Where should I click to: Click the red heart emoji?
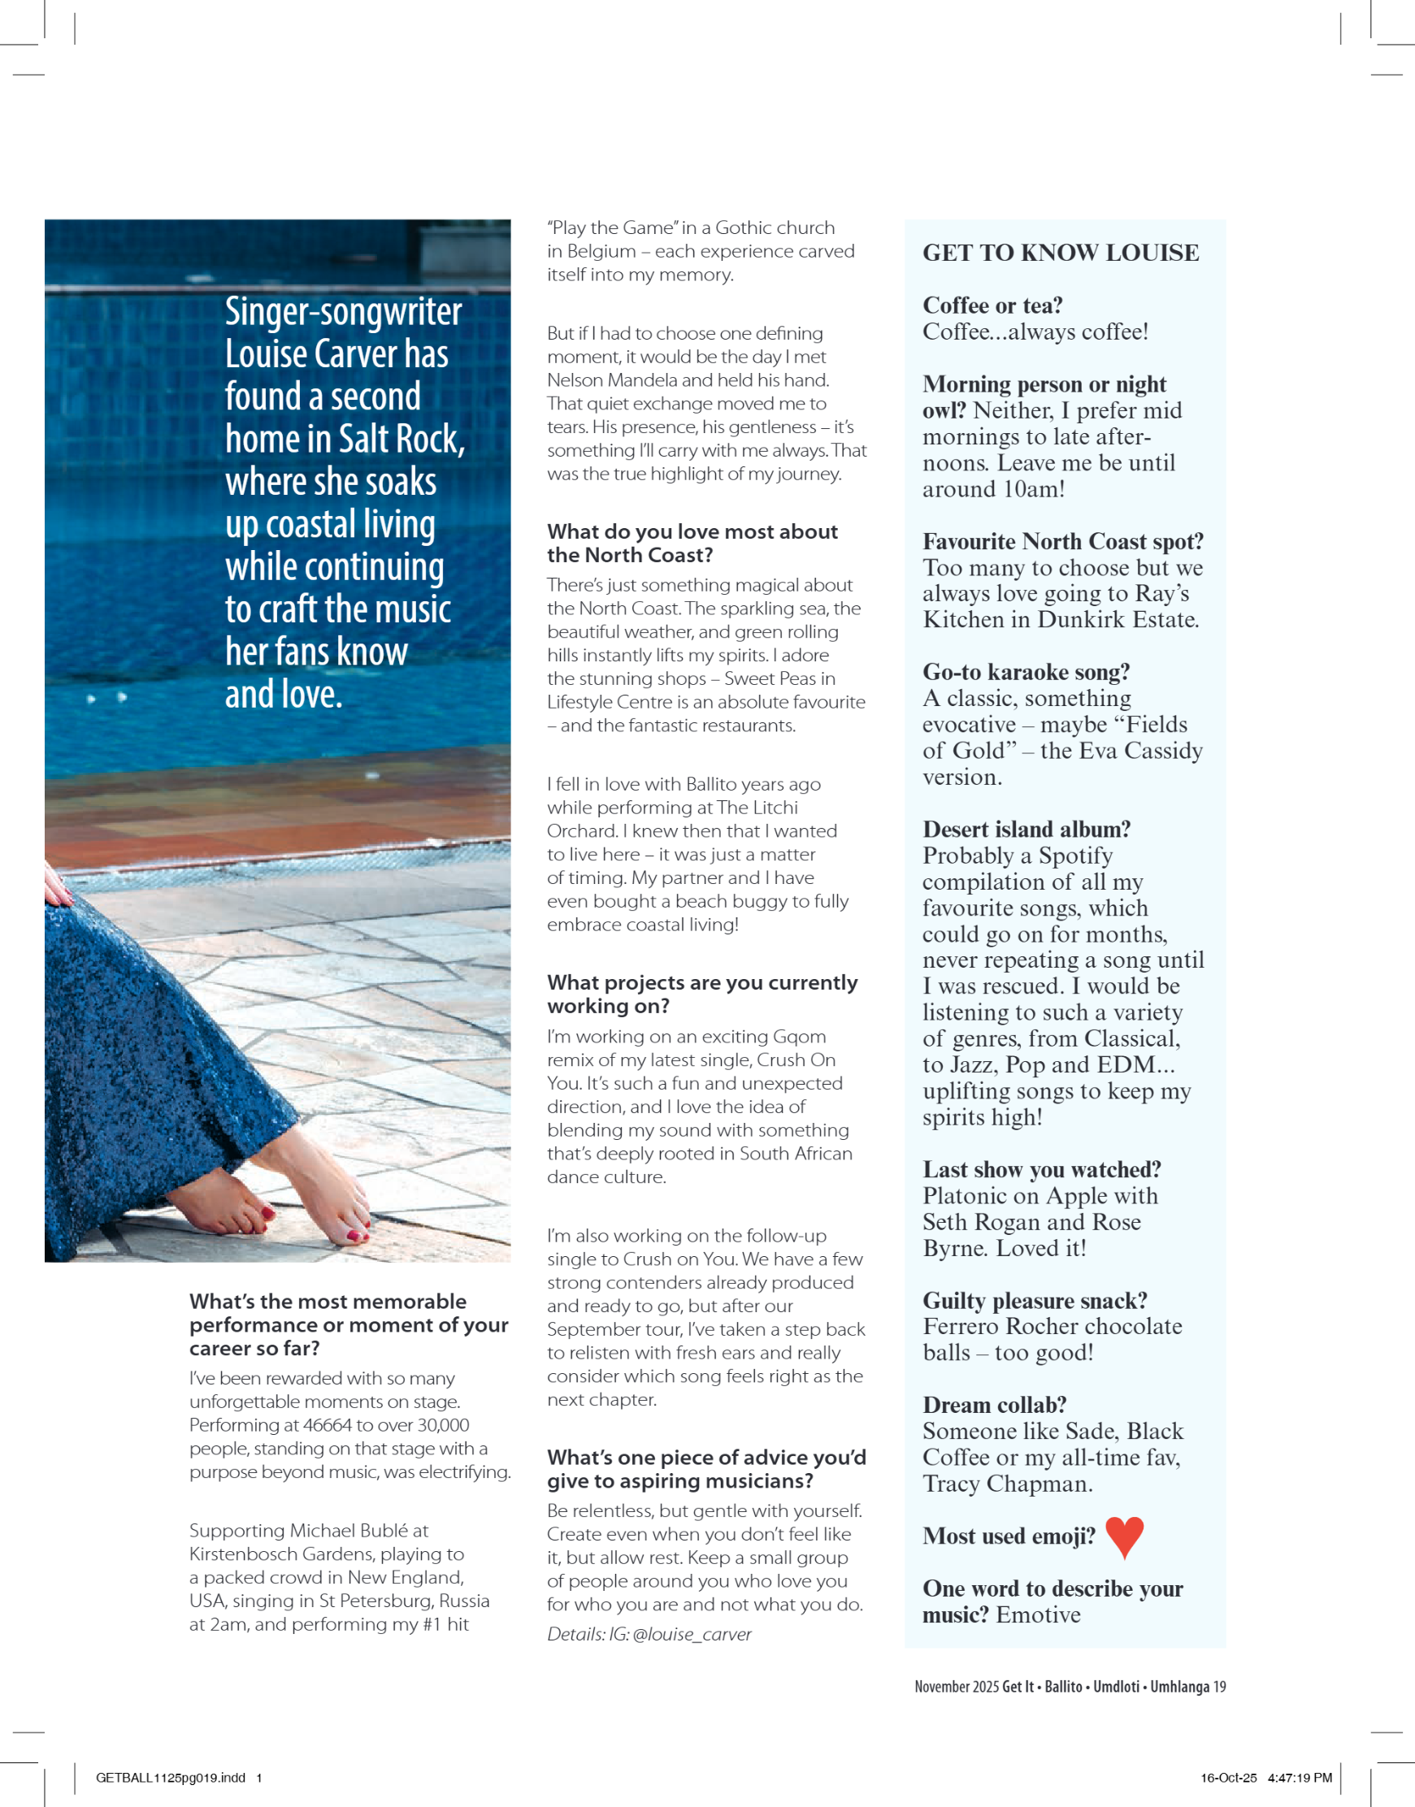point(1124,1536)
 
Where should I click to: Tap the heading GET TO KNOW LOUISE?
point(1061,253)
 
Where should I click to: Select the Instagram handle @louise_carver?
point(692,1634)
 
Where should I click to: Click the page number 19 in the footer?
point(1218,1686)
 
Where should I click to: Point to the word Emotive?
point(1038,1615)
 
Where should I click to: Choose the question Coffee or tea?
point(992,305)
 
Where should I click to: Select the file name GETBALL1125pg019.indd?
point(171,1777)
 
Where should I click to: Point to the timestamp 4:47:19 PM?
point(1299,1777)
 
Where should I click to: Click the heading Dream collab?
point(994,1405)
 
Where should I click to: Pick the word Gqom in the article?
point(799,1036)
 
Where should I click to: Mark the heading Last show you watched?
point(1041,1169)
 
